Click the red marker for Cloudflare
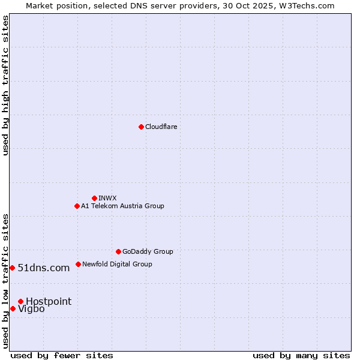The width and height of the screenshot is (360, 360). click(x=141, y=127)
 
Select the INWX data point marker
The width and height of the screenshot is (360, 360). click(x=94, y=198)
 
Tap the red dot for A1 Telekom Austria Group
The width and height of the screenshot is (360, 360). click(x=77, y=206)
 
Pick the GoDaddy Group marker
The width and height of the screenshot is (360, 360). click(x=118, y=251)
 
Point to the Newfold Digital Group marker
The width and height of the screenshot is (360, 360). click(x=78, y=264)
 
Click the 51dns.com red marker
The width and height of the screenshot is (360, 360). click(x=12, y=268)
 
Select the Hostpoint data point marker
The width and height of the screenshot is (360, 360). click(x=20, y=301)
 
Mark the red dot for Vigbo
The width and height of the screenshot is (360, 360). click(x=13, y=308)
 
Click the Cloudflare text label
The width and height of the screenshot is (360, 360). click(x=161, y=127)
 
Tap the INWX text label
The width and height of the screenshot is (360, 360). click(x=107, y=198)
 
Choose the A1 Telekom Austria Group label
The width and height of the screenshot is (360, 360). click(x=122, y=206)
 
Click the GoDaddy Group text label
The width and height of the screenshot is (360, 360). click(x=148, y=251)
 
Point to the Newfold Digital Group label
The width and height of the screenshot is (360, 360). click(x=117, y=264)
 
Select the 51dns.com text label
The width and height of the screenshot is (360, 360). click(x=44, y=268)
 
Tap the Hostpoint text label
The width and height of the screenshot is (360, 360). click(x=49, y=301)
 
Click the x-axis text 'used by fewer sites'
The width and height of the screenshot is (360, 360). click(x=62, y=355)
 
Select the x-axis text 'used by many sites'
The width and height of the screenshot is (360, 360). click(x=301, y=355)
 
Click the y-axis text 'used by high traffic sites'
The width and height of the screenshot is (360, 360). click(x=5, y=85)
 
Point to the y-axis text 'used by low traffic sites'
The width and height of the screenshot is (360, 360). click(x=5, y=281)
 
